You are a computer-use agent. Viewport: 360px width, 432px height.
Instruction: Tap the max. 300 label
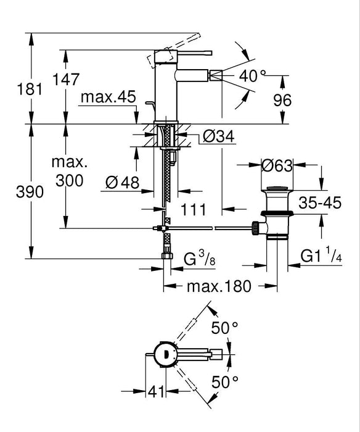click(69, 172)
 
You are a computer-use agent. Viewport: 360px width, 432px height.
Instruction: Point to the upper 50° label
click(224, 328)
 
